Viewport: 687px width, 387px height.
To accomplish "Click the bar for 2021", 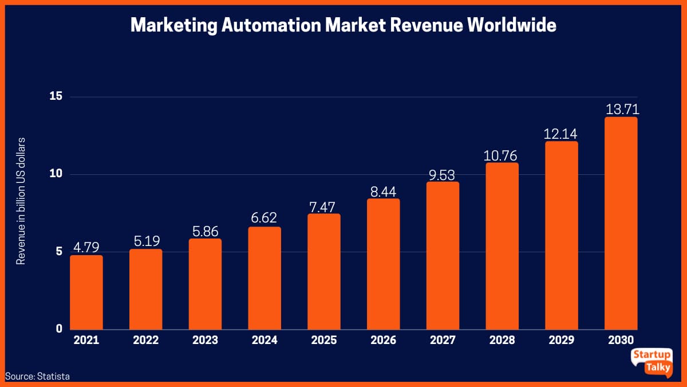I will [x=86, y=292].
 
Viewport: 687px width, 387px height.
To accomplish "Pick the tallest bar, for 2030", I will [x=621, y=223].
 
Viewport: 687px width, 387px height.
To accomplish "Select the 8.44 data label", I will [x=383, y=191].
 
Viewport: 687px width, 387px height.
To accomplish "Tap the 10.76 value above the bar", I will [x=502, y=155].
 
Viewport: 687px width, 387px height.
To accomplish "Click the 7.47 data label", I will [x=323, y=206].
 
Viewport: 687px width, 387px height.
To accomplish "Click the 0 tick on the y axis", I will [x=59, y=329].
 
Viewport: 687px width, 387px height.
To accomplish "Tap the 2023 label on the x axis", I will [x=205, y=340].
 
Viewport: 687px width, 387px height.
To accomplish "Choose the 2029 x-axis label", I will [x=561, y=340].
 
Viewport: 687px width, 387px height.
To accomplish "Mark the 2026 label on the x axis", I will [x=383, y=340].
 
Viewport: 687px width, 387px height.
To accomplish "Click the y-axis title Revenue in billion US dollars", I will [x=21, y=201].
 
